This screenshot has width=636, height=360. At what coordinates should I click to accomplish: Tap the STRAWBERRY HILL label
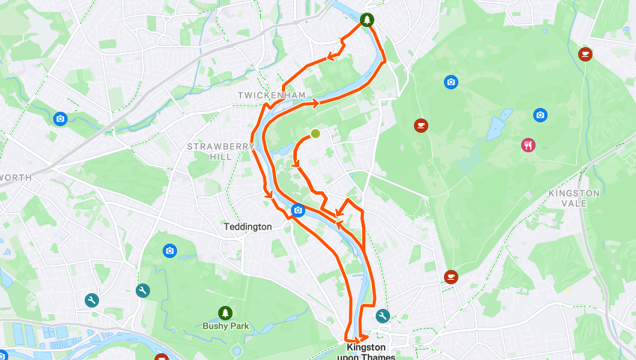click(210, 151)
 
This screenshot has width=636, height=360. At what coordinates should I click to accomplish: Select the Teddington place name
click(247, 226)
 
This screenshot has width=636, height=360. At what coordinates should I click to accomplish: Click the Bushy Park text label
click(225, 326)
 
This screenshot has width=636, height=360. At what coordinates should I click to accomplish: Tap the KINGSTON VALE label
click(574, 198)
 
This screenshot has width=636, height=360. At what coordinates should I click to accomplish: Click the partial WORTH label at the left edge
click(16, 178)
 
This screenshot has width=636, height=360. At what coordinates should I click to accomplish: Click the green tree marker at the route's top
click(366, 20)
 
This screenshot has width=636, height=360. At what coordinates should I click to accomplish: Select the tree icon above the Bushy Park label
click(225, 312)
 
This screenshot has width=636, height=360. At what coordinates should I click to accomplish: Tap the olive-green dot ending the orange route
click(315, 133)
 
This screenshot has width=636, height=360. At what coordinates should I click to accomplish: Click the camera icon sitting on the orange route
click(298, 210)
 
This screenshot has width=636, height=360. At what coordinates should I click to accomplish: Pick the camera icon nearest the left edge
click(60, 118)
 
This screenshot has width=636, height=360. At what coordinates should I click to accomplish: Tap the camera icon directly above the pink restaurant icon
click(540, 115)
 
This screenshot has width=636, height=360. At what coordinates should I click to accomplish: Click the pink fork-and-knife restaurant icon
click(529, 145)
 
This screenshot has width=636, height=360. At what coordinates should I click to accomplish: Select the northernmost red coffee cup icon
click(585, 53)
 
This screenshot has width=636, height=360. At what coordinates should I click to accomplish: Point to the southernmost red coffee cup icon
click(450, 277)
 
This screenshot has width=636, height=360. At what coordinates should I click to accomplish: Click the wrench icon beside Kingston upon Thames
click(382, 316)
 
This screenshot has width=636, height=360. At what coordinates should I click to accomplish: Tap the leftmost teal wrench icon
click(91, 300)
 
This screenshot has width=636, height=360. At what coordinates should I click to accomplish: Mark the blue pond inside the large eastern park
click(499, 125)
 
